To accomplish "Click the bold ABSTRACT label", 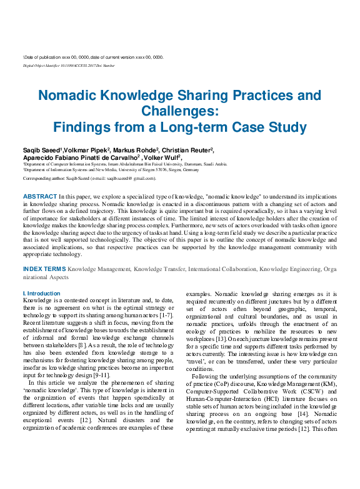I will tap(39, 196).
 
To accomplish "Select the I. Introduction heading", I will tap(41, 294).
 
